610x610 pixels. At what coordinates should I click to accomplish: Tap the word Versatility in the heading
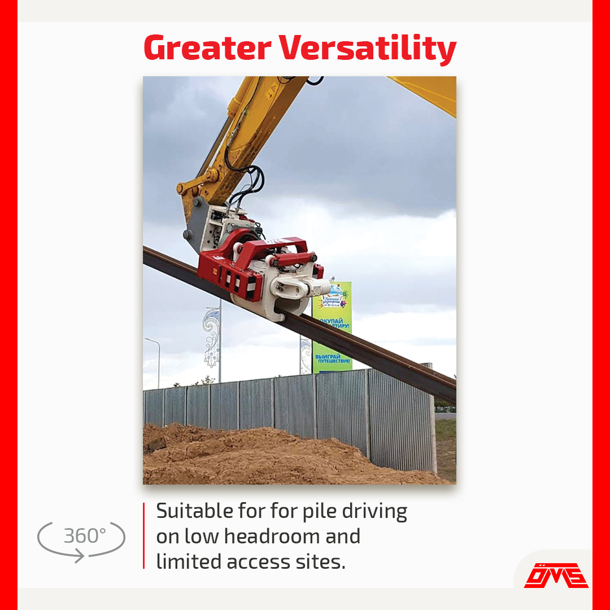(367, 49)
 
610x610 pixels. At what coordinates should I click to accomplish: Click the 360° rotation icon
(81, 537)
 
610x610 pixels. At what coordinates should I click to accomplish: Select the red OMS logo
(556, 575)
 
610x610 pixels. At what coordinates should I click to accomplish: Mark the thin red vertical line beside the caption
(144, 535)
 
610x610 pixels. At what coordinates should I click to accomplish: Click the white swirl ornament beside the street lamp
(211, 333)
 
